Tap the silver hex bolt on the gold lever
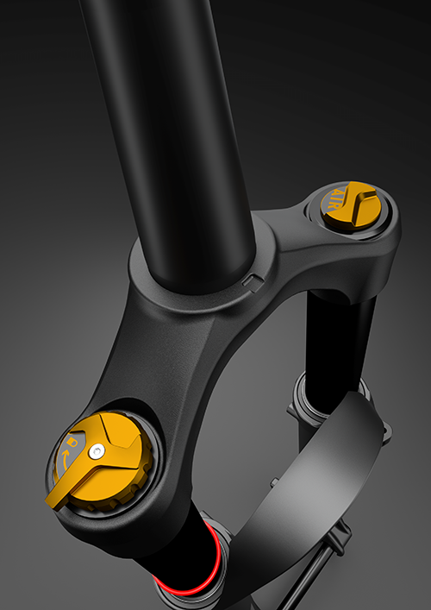(97, 451)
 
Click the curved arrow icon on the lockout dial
(66, 458)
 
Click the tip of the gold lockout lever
(49, 503)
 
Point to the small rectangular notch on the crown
(253, 282)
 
